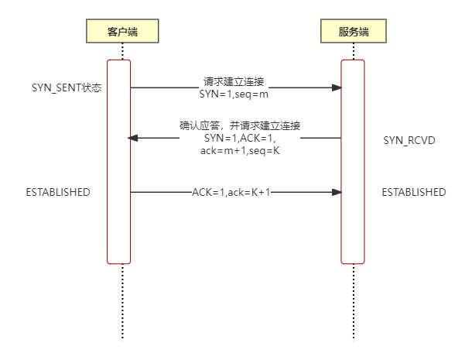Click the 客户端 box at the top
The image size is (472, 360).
[121, 31]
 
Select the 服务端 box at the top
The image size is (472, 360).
[353, 31]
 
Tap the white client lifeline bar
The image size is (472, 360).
[118, 161]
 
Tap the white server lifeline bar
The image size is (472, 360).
[353, 161]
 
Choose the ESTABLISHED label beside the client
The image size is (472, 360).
[58, 192]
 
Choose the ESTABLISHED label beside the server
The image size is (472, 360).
[414, 192]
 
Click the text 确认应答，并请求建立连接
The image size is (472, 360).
[240, 125]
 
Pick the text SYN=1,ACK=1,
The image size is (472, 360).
[240, 138]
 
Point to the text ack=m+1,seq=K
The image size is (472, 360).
[240, 150]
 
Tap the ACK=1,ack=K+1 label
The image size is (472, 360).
[231, 192]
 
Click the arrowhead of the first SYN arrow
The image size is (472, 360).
[337, 87]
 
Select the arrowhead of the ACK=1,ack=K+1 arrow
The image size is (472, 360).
[337, 192]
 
